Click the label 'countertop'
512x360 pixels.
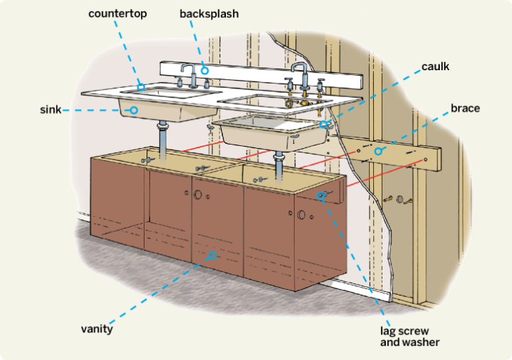coord(118,13)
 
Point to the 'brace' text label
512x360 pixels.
coord(465,108)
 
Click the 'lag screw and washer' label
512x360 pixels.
coord(409,337)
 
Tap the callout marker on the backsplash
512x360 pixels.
coord(204,69)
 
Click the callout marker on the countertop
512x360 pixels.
coord(141,87)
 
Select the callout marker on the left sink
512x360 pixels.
coord(132,110)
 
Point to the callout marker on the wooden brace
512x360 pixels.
coord(378,150)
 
